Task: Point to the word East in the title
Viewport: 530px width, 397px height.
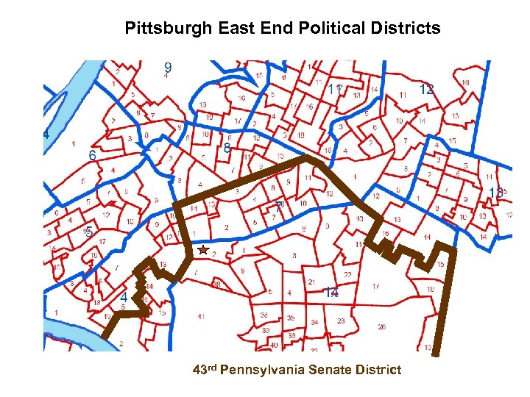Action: (x=235, y=29)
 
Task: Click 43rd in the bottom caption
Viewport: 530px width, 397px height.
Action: (x=204, y=369)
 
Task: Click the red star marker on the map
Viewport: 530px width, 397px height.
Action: (x=202, y=251)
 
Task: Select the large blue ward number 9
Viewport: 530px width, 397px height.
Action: (x=168, y=68)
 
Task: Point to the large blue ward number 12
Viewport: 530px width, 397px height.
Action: (x=426, y=89)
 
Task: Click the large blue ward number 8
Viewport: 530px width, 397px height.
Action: (x=227, y=149)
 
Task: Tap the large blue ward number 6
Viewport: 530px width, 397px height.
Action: (x=92, y=156)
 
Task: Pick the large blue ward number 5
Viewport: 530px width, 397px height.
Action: (x=88, y=232)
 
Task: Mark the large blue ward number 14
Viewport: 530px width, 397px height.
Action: (x=332, y=293)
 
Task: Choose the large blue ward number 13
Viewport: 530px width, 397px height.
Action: (x=496, y=193)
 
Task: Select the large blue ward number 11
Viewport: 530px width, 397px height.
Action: (x=335, y=89)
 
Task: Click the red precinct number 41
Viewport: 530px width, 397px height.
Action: (x=201, y=317)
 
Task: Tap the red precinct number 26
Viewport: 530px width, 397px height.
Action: (x=381, y=326)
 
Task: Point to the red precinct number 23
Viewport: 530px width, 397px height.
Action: (x=341, y=321)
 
